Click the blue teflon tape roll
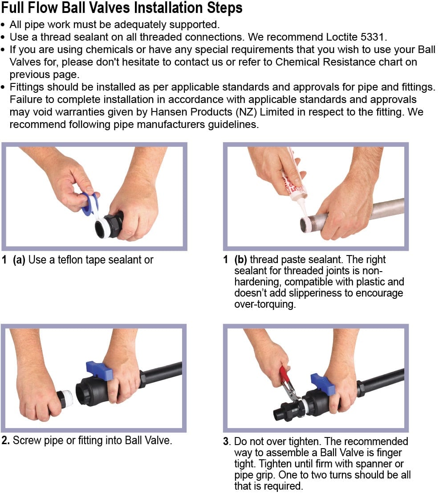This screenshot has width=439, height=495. [x=90, y=204]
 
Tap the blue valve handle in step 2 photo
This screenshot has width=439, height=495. [x=99, y=370]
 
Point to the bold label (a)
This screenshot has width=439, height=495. [x=19, y=260]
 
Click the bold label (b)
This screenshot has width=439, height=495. [x=240, y=260]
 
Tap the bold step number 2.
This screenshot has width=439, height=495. [x=5, y=440]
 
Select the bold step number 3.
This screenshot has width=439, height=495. [x=227, y=441]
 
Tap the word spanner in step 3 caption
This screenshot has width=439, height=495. [x=374, y=463]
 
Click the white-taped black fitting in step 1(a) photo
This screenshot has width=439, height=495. [x=109, y=225]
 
